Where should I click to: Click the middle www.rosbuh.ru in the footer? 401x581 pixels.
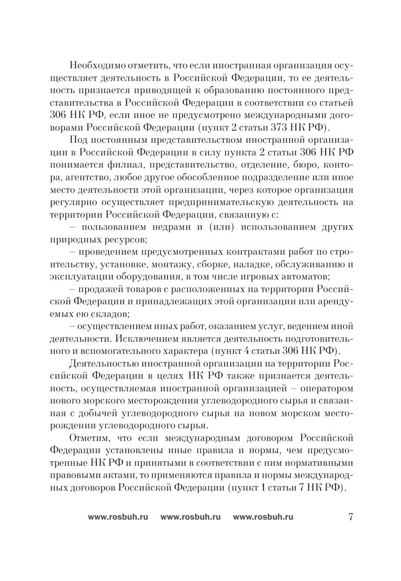tap(190, 517)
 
